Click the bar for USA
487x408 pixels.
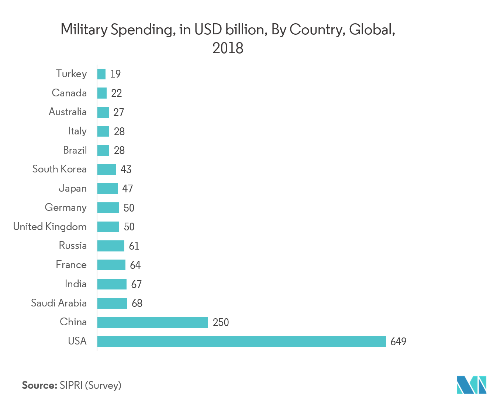tap(241, 341)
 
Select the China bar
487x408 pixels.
tap(152, 322)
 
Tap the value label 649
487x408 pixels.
tap(398, 342)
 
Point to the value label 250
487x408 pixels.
tap(221, 322)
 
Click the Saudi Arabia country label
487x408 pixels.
tap(59, 303)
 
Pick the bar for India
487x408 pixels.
tap(112, 284)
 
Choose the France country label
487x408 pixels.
tap(71, 265)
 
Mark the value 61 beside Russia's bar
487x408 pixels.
tap(134, 246)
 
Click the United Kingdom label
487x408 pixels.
tap(50, 227)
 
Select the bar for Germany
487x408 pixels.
tap(108, 208)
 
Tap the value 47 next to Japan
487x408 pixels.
tap(127, 189)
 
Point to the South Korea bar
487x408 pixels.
tap(107, 169)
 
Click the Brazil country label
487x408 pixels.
tap(75, 150)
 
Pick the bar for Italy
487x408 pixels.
tap(103, 131)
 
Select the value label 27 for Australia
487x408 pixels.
tap(118, 112)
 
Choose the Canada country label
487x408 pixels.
tap(69, 93)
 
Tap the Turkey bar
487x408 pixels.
tap(101, 74)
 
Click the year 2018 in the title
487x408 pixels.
tap(228, 48)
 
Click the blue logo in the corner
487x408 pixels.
tap(471, 385)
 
